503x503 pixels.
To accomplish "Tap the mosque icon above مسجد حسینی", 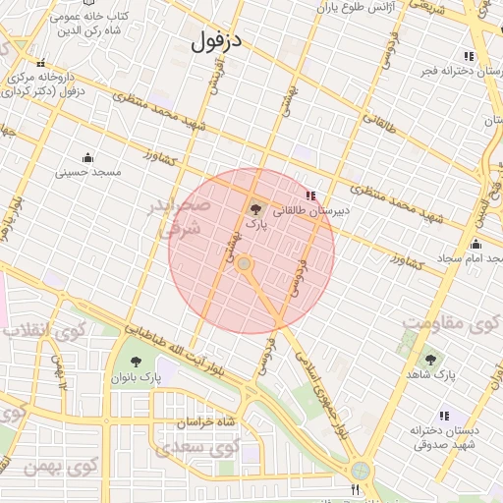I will point(87,157).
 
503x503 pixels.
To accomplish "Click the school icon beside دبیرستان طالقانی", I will point(312,196).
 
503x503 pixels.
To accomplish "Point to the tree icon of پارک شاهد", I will point(430,360).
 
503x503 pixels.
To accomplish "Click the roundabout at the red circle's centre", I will point(245,264).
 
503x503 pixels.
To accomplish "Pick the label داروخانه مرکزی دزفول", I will point(44,84).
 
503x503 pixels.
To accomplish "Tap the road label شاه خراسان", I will point(207,422).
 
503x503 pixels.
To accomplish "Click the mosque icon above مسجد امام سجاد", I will point(476,245).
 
